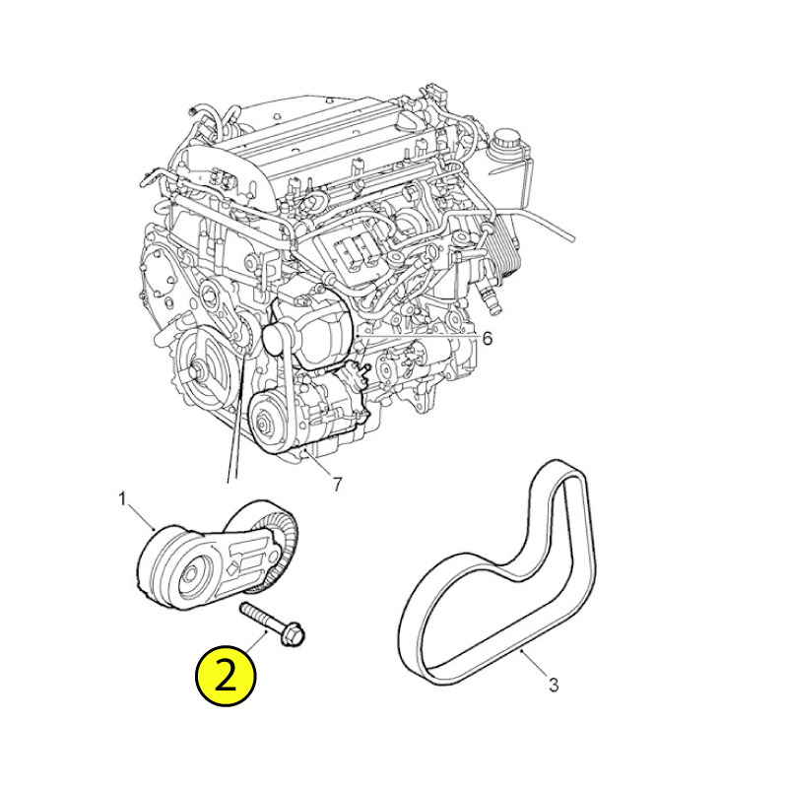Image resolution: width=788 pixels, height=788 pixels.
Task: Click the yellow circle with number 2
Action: tap(226, 676)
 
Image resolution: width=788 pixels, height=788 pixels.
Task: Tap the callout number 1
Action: tap(122, 499)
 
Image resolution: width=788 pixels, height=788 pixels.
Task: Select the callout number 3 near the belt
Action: tap(554, 685)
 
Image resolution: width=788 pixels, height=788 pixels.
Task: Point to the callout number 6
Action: tap(487, 339)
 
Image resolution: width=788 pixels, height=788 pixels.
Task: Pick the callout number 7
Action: tap(337, 485)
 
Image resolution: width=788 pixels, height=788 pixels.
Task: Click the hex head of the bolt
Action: tap(294, 633)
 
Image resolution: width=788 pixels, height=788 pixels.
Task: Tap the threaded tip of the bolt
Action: tap(244, 608)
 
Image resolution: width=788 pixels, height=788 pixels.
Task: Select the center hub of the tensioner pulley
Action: tap(190, 575)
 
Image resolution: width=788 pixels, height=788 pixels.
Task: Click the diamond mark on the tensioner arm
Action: tap(232, 569)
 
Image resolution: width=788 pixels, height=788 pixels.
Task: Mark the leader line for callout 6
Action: tap(415, 335)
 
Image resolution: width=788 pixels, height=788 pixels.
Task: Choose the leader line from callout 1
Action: tap(141, 517)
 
